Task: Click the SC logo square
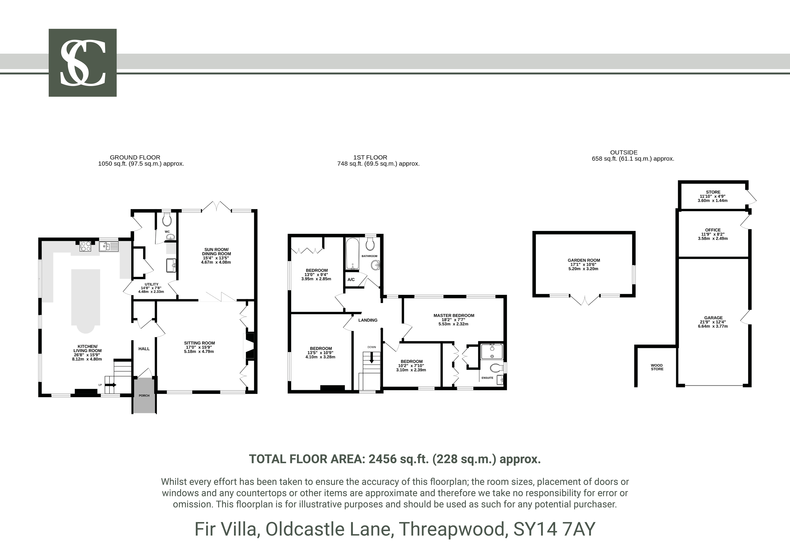[x=83, y=63]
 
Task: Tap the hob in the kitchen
[x=85, y=246]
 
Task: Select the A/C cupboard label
[x=351, y=280]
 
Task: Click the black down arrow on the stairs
[x=372, y=358]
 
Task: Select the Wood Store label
[x=657, y=367]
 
